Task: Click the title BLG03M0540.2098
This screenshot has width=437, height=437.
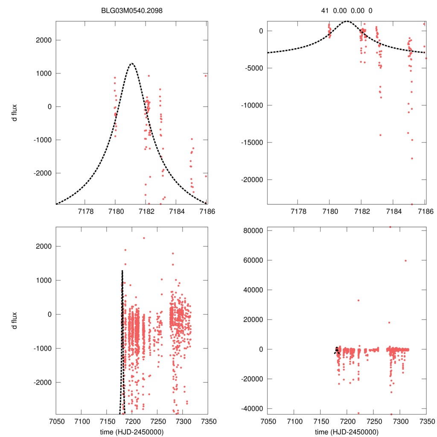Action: pyautogui.click(x=132, y=10)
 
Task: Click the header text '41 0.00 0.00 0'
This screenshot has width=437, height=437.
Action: pyautogui.click(x=347, y=10)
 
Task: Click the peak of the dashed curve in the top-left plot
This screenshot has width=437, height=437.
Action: pyautogui.click(x=132, y=64)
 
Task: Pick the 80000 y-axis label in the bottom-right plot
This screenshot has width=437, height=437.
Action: pyautogui.click(x=251, y=230)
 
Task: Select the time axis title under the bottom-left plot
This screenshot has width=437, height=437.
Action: pyautogui.click(x=132, y=432)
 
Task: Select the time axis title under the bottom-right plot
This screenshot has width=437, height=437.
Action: pyautogui.click(x=347, y=432)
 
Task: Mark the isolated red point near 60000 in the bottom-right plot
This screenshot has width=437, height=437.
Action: pyautogui.click(x=405, y=261)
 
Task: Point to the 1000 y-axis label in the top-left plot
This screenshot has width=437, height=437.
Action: pyautogui.click(x=43, y=73)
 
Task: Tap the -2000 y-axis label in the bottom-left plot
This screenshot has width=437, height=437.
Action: pyautogui.click(x=41, y=382)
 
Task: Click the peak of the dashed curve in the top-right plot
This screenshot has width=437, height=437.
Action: pyautogui.click(x=347, y=21)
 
